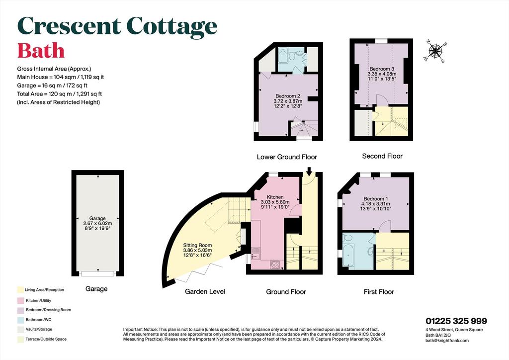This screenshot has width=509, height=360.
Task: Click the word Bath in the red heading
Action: pyautogui.click(x=41, y=51)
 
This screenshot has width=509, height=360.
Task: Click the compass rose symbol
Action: pyautogui.click(x=435, y=51)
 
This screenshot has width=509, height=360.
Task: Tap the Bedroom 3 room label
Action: pyautogui.click(x=382, y=69)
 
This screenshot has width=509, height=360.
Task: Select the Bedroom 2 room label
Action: pyautogui.click(x=288, y=96)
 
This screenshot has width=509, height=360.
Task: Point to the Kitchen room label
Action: pyautogui.click(x=275, y=197)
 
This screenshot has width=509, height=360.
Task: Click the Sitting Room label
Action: pyautogui.click(x=197, y=246)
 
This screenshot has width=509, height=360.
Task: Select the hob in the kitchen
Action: pyautogui.click(x=275, y=265)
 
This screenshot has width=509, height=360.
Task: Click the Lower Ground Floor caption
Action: pyautogui.click(x=287, y=157)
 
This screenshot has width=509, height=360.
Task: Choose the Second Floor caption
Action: pyautogui.click(x=382, y=156)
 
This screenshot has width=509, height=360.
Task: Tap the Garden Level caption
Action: pyautogui.click(x=205, y=291)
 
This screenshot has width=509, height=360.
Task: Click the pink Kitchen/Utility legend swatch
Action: pyautogui.click(x=20, y=301)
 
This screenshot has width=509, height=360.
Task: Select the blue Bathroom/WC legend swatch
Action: pyautogui.click(x=20, y=320)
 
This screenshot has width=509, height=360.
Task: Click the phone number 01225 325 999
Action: pyautogui.click(x=456, y=321)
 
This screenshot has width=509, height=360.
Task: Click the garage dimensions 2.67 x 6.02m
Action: pyautogui.click(x=97, y=223)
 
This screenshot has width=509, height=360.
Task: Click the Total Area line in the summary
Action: pyautogui.click(x=60, y=94)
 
